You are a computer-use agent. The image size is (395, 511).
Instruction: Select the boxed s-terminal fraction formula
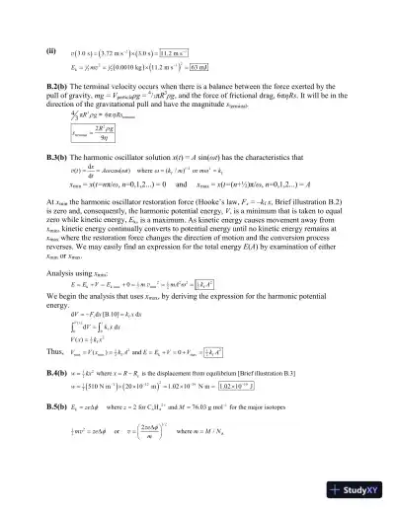66,155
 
